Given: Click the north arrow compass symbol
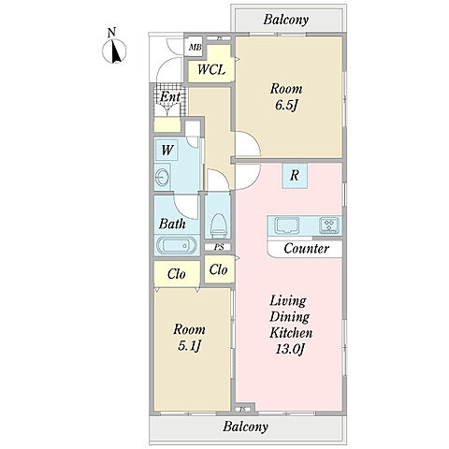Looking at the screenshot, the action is tap(114, 51).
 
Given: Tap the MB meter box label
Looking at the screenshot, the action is tap(196, 48).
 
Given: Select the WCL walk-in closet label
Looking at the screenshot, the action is tap(211, 69).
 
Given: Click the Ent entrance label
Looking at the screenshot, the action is tap(170, 96).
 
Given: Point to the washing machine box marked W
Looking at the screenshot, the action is tap(167, 150).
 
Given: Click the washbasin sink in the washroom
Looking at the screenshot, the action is tap(162, 178).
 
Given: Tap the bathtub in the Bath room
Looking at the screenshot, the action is tap(177, 245).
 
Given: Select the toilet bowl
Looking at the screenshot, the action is tap(218, 224).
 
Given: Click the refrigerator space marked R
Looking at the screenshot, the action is tap(295, 176).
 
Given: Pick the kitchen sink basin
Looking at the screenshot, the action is tap(287, 225).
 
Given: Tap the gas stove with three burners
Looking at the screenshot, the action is tap(329, 225).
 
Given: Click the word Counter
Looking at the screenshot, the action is tap(307, 249).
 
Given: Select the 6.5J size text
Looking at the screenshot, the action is tap(286, 106).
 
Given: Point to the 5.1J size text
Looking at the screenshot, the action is tap(189, 346).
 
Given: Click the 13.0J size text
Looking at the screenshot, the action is tap(290, 349).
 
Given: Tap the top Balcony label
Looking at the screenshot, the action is tap(286, 20).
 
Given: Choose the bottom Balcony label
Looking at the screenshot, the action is tap(245, 427).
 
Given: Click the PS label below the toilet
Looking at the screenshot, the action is tap(219, 248).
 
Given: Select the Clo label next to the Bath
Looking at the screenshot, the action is tap(177, 274).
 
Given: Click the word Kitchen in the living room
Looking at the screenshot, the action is tap(291, 333).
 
